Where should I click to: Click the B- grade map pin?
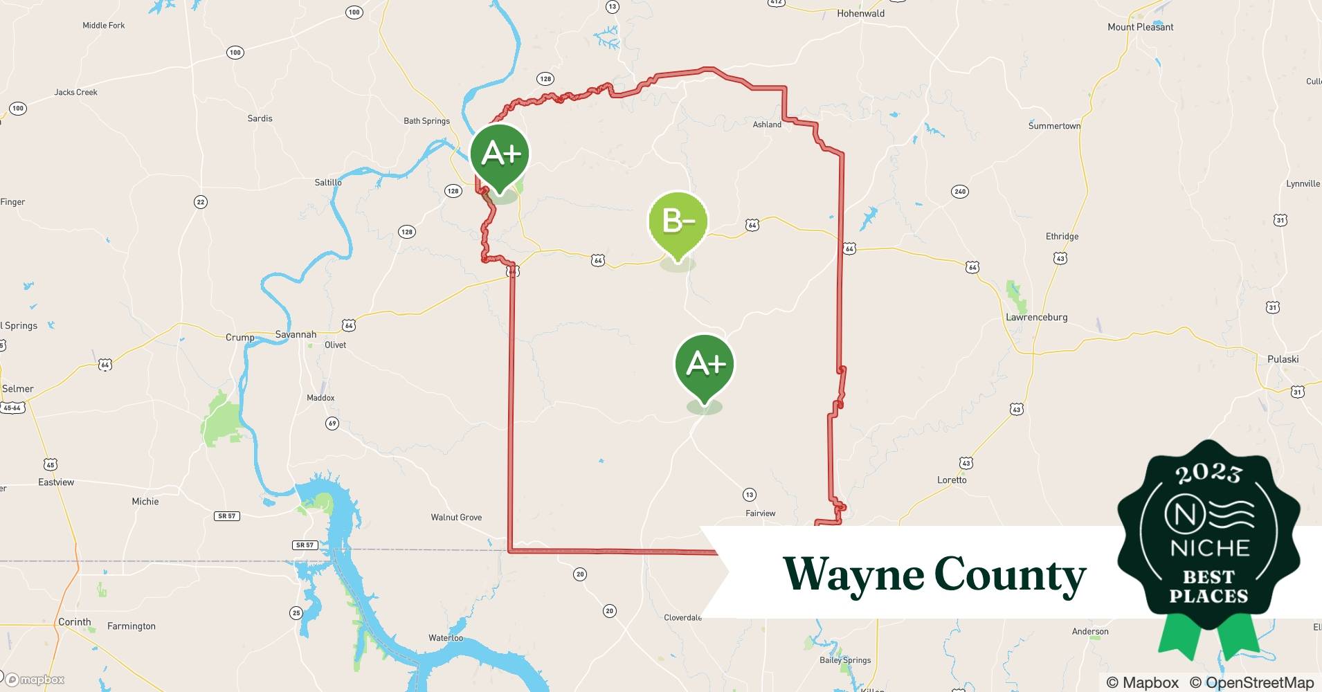[678, 221]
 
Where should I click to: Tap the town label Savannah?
[296, 334]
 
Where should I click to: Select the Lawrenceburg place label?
[1036, 317]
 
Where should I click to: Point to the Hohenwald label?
[860, 13]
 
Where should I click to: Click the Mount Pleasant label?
[1140, 27]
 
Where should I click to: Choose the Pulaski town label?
[1283, 359]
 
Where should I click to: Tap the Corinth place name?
[75, 621]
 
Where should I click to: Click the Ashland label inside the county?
[767, 125]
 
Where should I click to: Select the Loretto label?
[952, 480]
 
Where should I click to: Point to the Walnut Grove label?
[456, 517]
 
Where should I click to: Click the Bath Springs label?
[426, 120]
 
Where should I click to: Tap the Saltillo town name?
[328, 183]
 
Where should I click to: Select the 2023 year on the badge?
[1208, 473]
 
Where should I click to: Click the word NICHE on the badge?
[1209, 548]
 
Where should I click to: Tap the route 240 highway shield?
[959, 192]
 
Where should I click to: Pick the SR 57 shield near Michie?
[227, 516]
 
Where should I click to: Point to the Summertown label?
[1054, 126]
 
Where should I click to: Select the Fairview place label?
[760, 513]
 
